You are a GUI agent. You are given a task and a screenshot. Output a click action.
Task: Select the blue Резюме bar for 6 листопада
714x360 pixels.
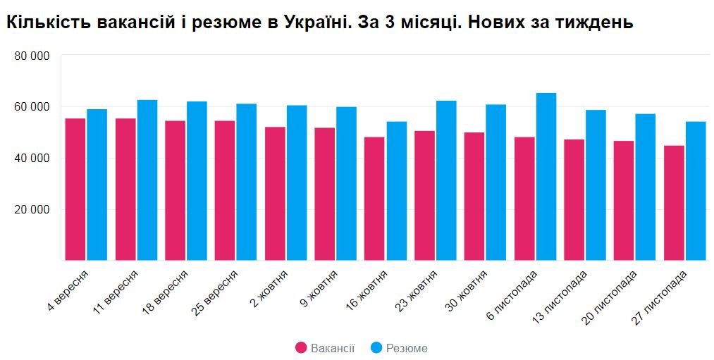pos(546,177)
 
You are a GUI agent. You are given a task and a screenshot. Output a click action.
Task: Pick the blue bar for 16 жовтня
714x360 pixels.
pos(396,191)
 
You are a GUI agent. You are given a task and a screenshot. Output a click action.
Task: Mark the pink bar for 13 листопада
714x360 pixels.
pos(574,200)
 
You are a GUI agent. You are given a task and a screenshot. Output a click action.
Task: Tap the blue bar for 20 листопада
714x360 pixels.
pos(645,187)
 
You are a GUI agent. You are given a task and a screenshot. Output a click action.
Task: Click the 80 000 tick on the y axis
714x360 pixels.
pos(32,56)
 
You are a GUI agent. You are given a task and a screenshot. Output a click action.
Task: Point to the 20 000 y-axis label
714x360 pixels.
pos(32,210)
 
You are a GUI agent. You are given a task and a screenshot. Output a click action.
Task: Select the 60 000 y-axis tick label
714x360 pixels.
pos(32,107)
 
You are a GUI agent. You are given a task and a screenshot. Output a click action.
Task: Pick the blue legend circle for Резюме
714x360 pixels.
pos(376,348)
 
